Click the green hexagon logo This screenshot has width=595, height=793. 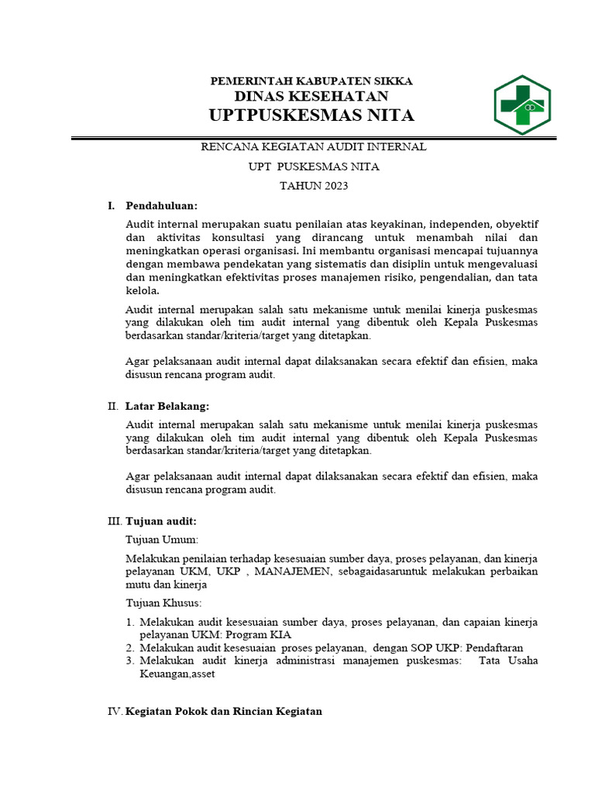pos(522,105)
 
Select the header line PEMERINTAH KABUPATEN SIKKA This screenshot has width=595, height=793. pos(312,81)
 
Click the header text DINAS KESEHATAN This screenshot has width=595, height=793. pos(311,96)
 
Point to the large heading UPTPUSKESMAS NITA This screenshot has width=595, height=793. pos(311,115)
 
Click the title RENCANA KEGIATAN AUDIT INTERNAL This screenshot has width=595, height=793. pos(313,146)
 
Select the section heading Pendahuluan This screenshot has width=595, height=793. pos(162,205)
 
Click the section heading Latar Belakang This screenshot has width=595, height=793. pos(167,406)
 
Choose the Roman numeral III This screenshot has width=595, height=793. pos(114,521)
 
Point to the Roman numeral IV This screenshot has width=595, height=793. pos(114,711)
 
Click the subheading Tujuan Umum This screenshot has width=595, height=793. pos(162,539)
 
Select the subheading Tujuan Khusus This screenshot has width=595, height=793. pos(163,602)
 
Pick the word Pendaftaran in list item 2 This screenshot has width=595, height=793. pos(494,647)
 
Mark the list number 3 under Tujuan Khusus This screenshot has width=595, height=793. pos(129,661)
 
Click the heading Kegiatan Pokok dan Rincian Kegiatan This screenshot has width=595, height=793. pos(223,711)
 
